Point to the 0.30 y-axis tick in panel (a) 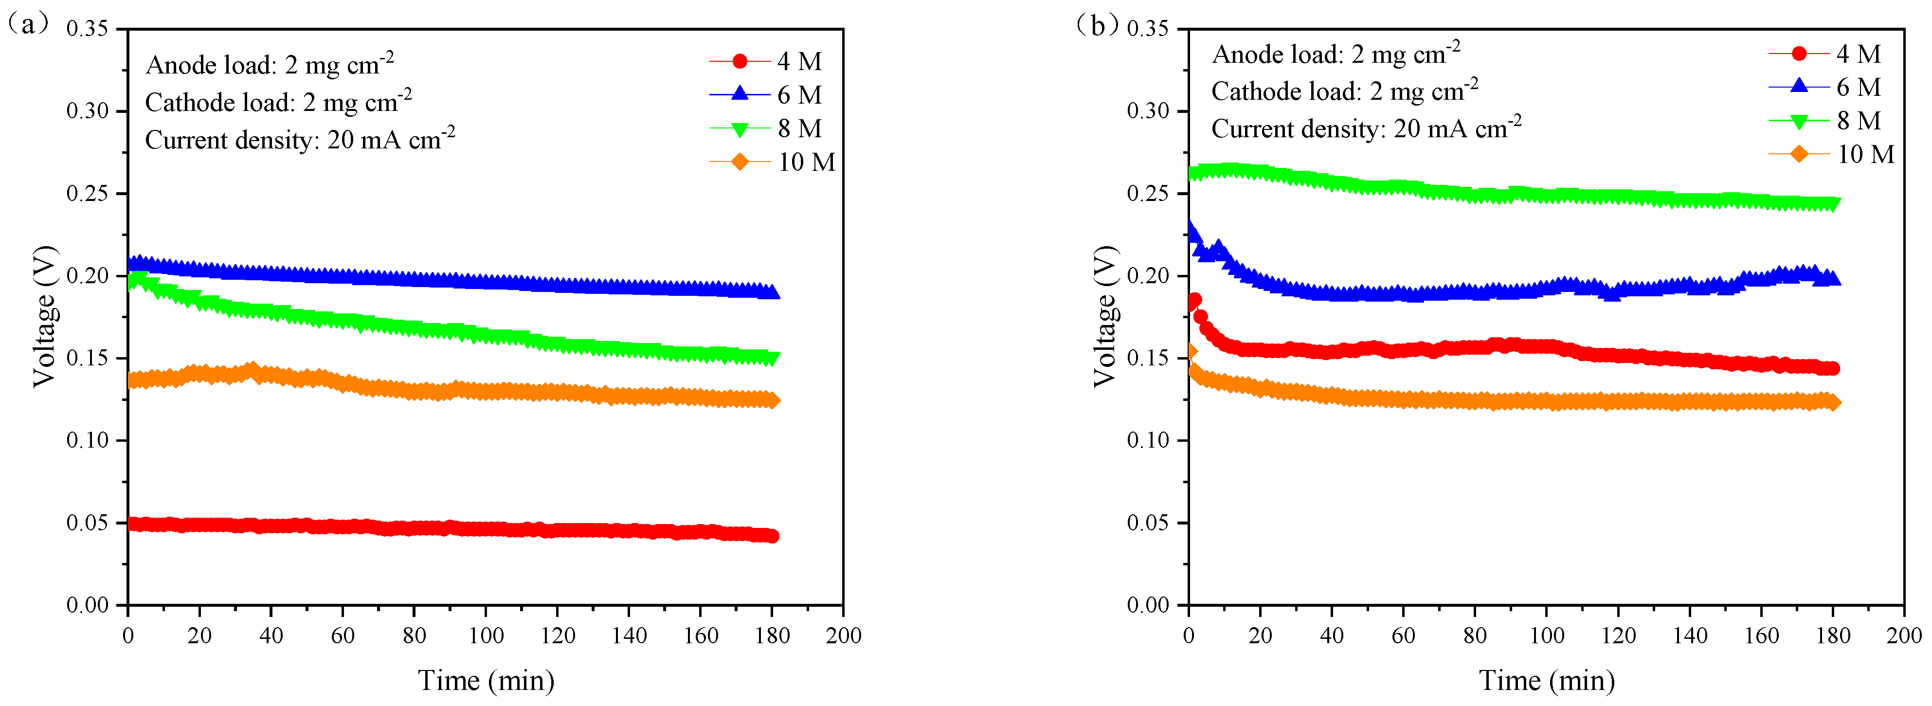click(x=87, y=111)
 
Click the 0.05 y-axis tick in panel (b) click(x=1148, y=523)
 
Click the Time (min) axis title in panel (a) click(x=486, y=681)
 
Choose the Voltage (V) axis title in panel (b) click(x=1104, y=316)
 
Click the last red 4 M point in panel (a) click(x=773, y=536)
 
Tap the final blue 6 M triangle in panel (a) click(x=773, y=292)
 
